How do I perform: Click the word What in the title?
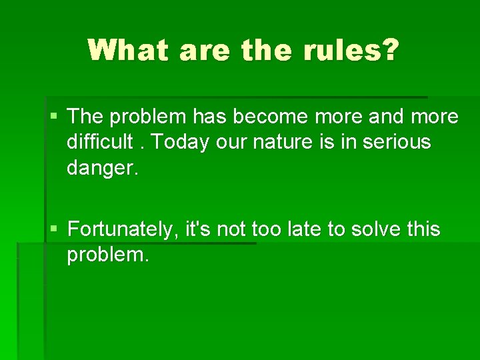[127, 50]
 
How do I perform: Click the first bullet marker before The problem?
[54, 117]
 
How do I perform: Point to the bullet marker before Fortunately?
[54, 230]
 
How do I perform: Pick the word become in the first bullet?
[273, 117]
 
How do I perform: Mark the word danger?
[102, 168]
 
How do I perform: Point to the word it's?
[199, 230]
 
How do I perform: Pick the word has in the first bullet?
[209, 117]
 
